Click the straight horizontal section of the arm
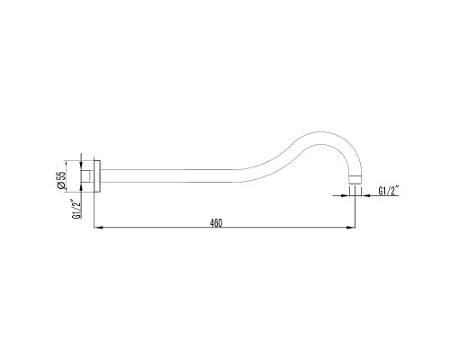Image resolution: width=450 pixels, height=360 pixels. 180,176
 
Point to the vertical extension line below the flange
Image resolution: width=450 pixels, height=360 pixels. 94,211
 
